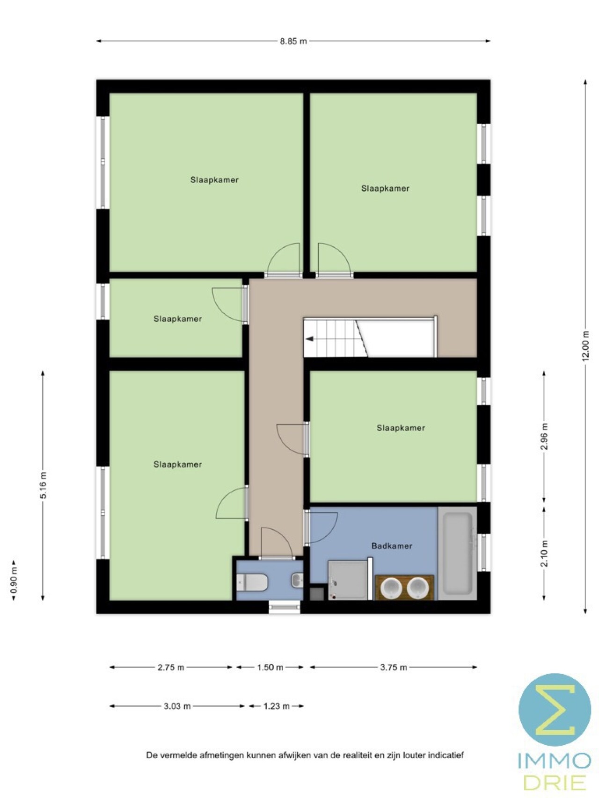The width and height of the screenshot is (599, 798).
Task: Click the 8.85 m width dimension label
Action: tap(293, 41)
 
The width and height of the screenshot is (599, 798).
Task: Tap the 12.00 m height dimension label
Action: tap(585, 346)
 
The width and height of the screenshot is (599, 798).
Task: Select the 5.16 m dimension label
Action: tap(43, 485)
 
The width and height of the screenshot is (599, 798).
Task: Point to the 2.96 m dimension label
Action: tap(544, 436)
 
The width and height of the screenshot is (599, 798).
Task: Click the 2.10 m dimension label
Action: tap(544, 554)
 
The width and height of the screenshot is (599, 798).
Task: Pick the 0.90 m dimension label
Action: tap(14, 580)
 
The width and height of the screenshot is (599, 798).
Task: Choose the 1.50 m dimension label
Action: tap(270, 667)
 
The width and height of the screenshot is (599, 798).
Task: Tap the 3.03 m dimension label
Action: tap(177, 706)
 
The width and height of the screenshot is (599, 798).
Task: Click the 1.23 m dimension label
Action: tap(276, 706)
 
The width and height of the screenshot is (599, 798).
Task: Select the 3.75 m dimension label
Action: tap(394, 667)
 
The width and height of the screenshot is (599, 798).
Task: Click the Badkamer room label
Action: tap(392, 546)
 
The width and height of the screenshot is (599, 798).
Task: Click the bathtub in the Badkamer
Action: tap(458, 554)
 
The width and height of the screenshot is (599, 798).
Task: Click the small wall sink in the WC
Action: tap(297, 580)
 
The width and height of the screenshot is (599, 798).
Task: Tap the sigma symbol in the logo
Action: tap(555, 710)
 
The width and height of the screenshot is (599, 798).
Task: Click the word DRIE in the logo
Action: tap(555, 782)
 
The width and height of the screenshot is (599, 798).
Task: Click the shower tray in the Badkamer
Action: tap(347, 580)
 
